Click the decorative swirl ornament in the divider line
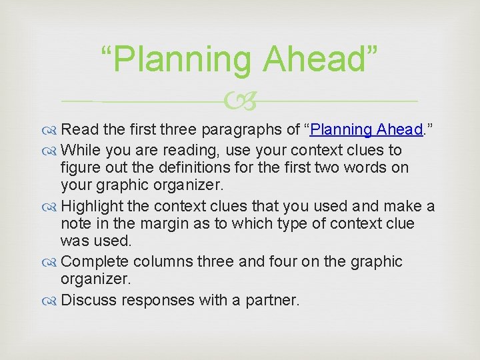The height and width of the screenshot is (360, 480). point(241,101)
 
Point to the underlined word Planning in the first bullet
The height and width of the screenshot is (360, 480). point(341,129)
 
